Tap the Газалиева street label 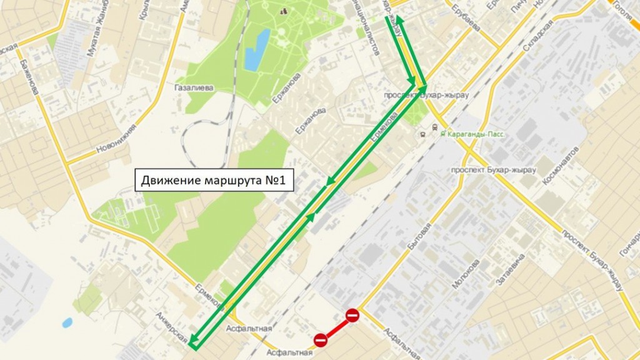(x=194, y=88)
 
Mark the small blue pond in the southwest (x=67, y=322)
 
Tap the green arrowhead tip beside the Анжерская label (x=192, y=343)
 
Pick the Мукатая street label (x=94, y=38)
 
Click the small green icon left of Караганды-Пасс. (x=442, y=134)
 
